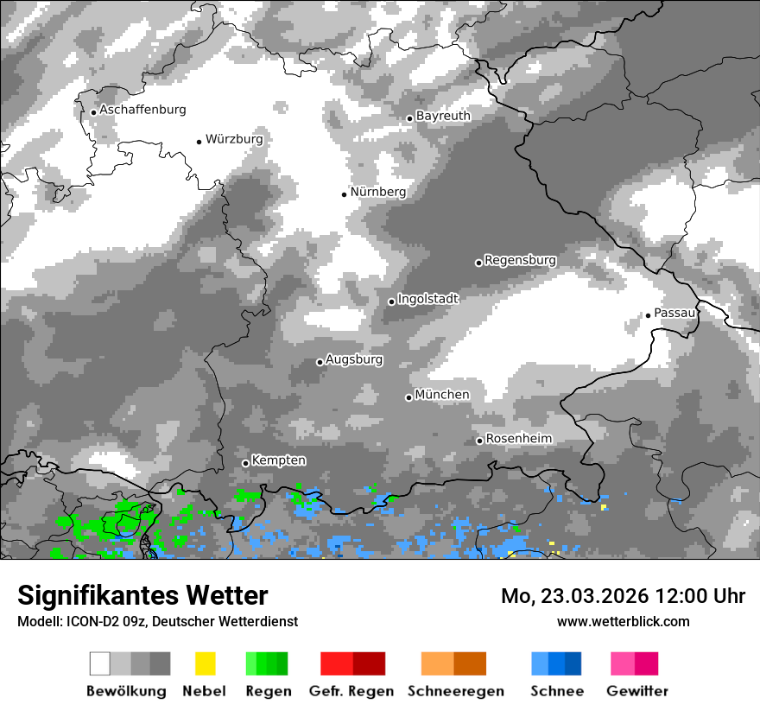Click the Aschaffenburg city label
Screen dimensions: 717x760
pos(142,110)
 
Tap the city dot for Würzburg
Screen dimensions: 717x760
pos(199,142)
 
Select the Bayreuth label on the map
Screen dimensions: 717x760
pos(443,116)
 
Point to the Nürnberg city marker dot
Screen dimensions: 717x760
pos(344,194)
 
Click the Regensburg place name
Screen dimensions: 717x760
pos(520,260)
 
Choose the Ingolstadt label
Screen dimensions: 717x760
pos(427,299)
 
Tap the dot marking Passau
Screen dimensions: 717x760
pos(648,315)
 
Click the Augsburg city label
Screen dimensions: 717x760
pos(354,359)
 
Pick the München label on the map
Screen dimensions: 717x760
pos(442,395)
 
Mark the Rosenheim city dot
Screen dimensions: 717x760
pos(479,441)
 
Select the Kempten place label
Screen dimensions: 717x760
pos(279,461)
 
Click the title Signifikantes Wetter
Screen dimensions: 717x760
pos(142,596)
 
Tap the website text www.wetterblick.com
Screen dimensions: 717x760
pos(623,621)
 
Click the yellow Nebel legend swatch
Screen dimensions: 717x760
pos(205,663)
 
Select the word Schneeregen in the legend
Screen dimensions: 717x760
pos(455,691)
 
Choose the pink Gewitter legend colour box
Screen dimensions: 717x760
pos(623,663)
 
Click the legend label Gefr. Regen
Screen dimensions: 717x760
pos(351,691)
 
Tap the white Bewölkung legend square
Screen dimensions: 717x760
pos(100,663)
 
